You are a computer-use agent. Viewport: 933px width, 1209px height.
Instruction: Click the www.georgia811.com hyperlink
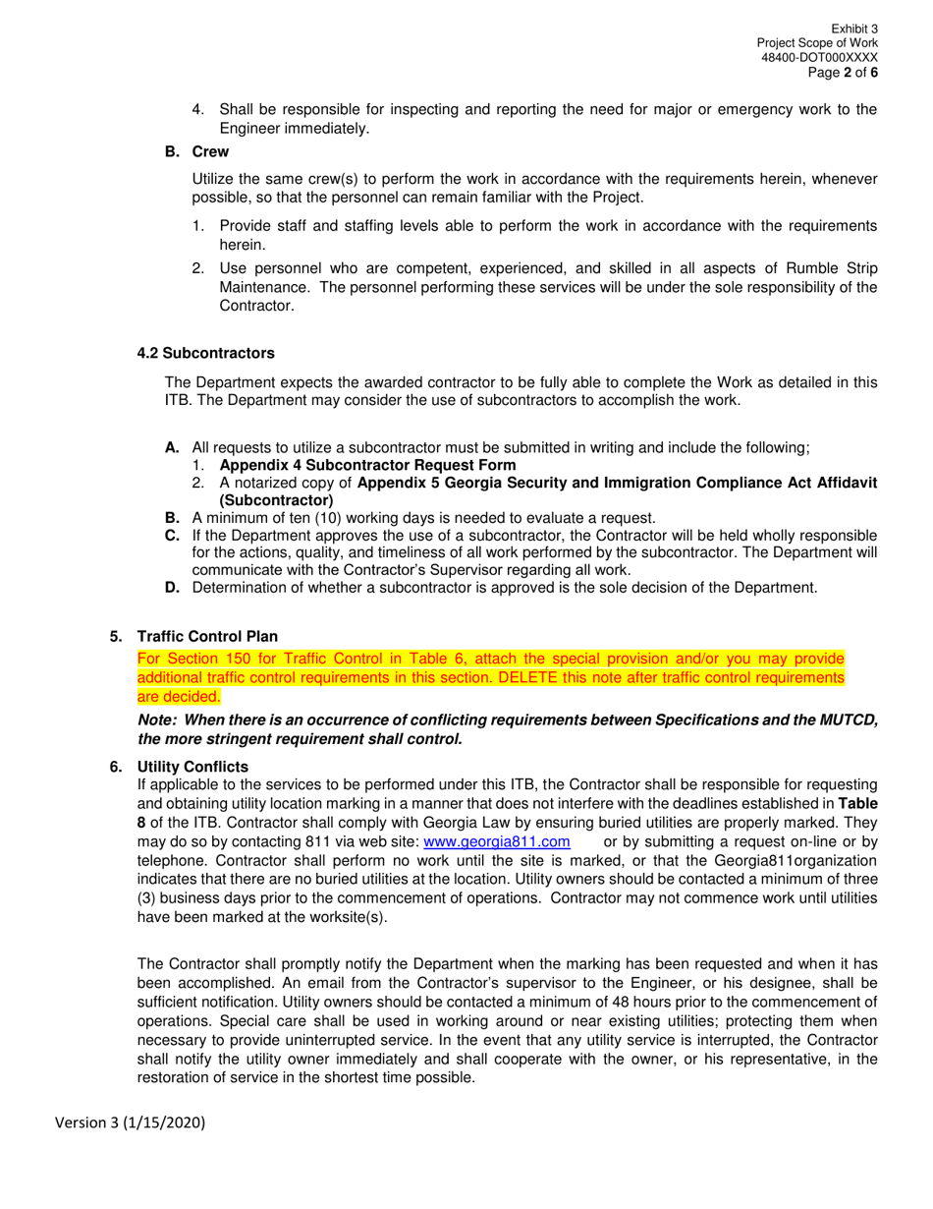[496, 842]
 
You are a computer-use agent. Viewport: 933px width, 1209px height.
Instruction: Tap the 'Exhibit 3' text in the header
[854, 29]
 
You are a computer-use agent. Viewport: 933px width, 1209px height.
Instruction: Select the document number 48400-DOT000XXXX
[819, 58]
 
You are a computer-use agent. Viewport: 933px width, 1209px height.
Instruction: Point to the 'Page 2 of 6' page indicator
[843, 73]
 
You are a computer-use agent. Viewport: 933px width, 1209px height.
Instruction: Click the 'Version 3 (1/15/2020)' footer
[131, 1123]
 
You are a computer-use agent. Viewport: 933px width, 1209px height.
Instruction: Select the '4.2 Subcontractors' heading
[206, 353]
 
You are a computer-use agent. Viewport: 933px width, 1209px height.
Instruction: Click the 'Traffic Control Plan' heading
[207, 637]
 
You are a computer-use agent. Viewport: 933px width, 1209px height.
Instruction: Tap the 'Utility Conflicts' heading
[192, 767]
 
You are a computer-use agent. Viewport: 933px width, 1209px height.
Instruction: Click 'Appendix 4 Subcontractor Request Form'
[367, 465]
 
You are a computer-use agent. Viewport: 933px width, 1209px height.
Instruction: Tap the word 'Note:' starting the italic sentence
[157, 720]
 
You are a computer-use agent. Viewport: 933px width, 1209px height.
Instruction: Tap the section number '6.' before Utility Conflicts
[116, 767]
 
